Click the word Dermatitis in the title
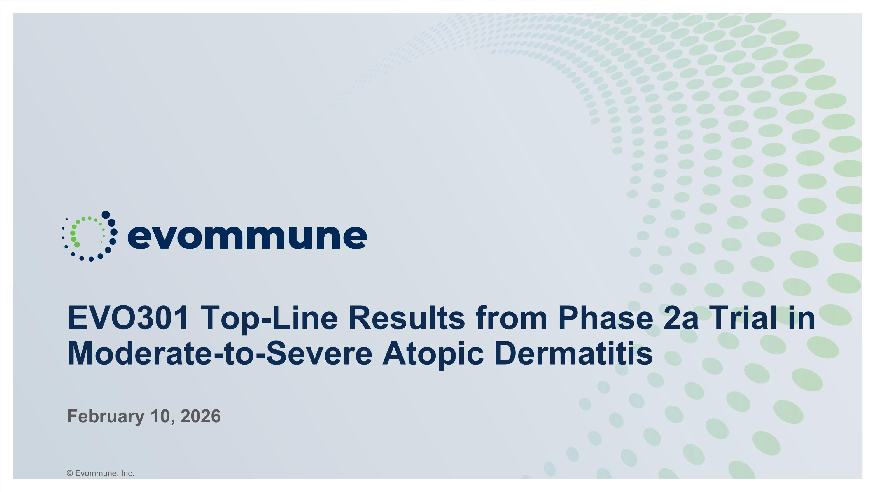574,353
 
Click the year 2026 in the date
200,416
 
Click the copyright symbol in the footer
70,473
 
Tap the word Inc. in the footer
128,473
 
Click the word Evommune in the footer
97,473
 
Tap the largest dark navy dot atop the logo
106,215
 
